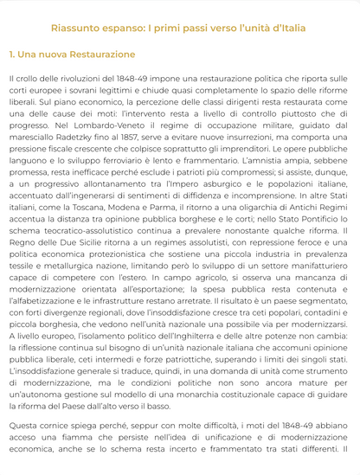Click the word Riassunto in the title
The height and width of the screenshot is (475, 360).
pos(74,29)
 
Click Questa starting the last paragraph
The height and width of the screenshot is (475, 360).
pos(25,427)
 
